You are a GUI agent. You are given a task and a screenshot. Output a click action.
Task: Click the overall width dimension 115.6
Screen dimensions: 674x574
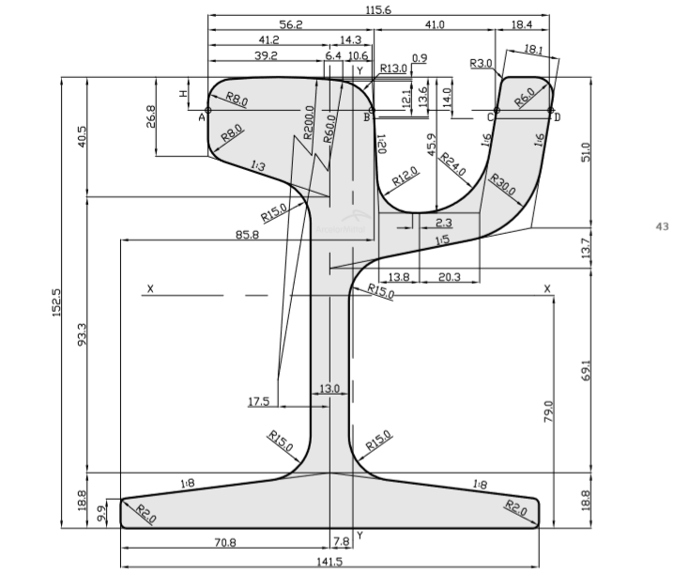(378, 9)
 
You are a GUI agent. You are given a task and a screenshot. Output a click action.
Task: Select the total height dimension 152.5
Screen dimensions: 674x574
(56, 303)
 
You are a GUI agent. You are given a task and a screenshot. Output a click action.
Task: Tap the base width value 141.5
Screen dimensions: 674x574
(329, 562)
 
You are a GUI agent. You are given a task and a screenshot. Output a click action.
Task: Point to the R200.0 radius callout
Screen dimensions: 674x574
(309, 123)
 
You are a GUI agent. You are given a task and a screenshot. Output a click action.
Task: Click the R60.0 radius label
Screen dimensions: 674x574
(329, 129)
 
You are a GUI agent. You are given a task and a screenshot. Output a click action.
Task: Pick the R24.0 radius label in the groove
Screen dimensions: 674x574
(452, 164)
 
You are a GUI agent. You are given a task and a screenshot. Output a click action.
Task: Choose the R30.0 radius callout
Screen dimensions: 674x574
(502, 184)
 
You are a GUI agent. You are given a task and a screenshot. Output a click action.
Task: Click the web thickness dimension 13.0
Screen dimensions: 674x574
(329, 389)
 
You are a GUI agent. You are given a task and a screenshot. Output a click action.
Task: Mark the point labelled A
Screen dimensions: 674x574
(202, 117)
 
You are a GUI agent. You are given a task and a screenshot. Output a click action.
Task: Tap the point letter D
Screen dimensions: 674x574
(557, 117)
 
